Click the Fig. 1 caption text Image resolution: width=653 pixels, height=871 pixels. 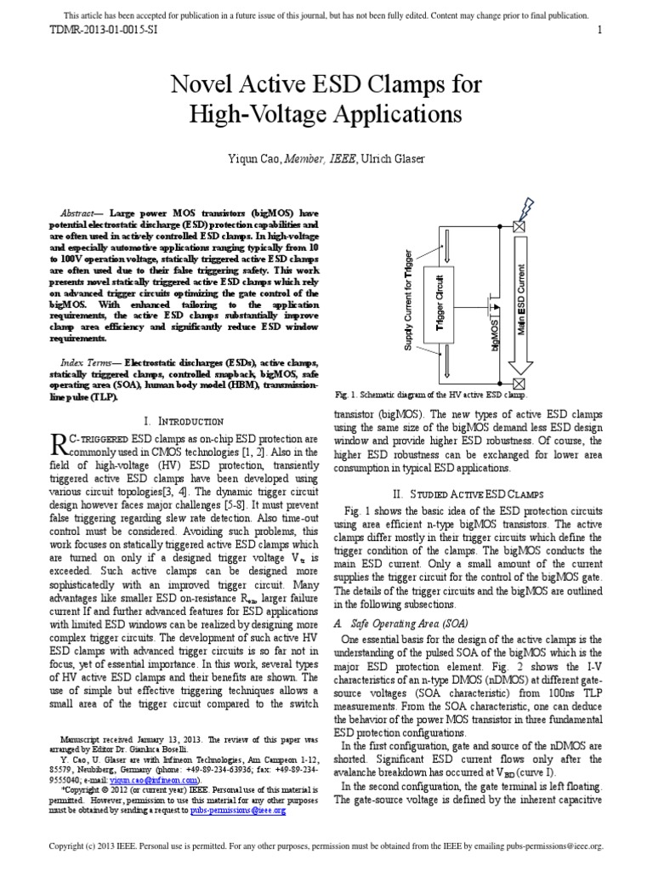click(431, 396)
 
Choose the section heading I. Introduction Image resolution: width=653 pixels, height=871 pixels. click(185, 421)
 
